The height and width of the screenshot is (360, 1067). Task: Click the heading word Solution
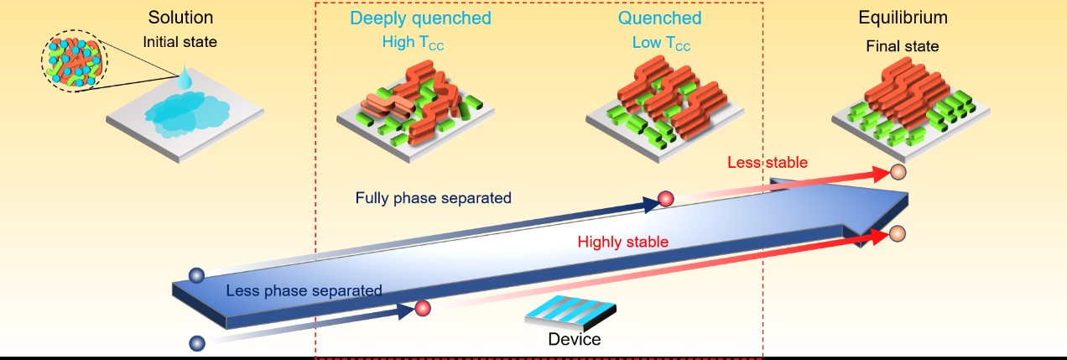[x=180, y=18]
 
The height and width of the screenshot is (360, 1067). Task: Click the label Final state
[x=903, y=45]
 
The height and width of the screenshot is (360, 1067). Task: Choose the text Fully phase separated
[x=433, y=198]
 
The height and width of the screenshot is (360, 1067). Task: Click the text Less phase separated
[x=304, y=290]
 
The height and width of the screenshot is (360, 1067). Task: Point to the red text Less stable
[x=768, y=162]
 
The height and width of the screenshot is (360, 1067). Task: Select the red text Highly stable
[x=622, y=242]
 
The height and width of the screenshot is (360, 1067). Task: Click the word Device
[x=574, y=339]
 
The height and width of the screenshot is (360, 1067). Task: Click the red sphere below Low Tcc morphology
[x=666, y=200]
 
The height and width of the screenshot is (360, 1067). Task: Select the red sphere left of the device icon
[x=424, y=309]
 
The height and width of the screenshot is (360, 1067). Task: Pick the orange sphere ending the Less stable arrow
[x=898, y=173]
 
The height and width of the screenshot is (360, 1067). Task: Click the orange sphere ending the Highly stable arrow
[x=898, y=232]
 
